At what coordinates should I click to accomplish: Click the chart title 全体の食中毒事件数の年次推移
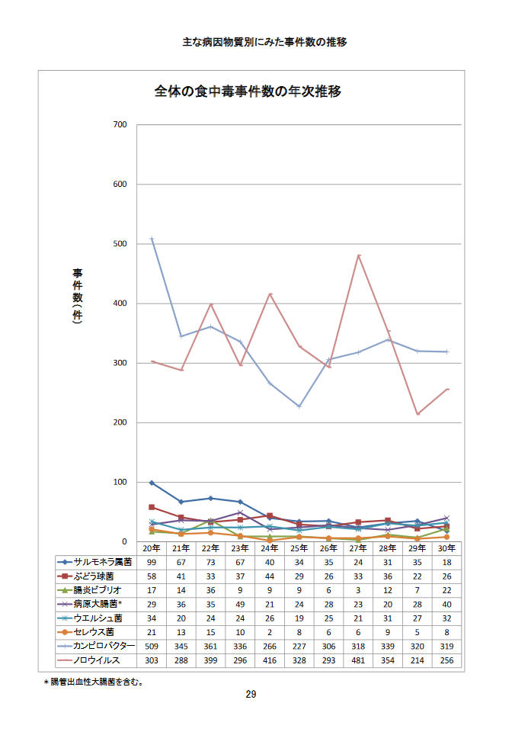click(x=248, y=92)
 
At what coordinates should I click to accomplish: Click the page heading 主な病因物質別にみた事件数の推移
click(x=264, y=42)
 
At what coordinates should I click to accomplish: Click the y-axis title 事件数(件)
click(x=77, y=297)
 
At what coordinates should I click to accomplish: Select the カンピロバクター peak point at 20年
click(x=152, y=239)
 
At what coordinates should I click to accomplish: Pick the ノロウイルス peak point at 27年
click(x=358, y=255)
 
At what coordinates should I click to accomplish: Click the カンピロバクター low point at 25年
click(x=299, y=406)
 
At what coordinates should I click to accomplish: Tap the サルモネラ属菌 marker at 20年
click(x=152, y=483)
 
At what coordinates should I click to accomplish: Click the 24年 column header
click(x=270, y=548)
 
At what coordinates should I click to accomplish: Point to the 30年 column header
click(x=446, y=548)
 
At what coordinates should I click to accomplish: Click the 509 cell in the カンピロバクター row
click(x=152, y=647)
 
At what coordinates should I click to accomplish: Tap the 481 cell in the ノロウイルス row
click(x=358, y=660)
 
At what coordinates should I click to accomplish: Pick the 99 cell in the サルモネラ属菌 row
click(x=152, y=562)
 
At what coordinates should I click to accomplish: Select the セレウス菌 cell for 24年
click(x=270, y=632)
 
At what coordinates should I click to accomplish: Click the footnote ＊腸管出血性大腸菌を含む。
click(x=94, y=682)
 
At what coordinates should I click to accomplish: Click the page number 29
click(x=251, y=695)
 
